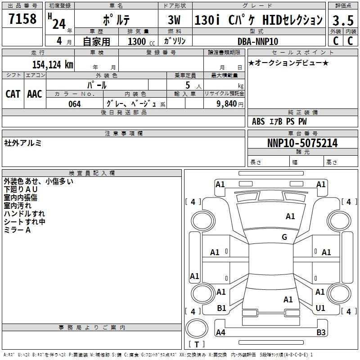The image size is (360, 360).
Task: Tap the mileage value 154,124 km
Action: click(53, 64)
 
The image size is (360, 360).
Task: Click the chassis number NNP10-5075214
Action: click(302, 143)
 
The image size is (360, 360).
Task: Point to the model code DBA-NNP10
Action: click(258, 41)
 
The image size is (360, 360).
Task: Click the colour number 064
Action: click(74, 104)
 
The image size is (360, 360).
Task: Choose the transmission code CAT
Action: click(13, 94)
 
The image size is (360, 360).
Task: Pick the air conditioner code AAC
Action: click(35, 94)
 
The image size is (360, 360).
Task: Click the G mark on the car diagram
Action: click(284, 237)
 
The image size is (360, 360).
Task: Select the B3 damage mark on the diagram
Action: click(321, 333)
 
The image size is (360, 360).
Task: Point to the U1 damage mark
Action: click(320, 308)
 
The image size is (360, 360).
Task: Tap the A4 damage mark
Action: click(220, 333)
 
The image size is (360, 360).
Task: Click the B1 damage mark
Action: click(221, 308)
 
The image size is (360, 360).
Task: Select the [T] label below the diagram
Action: click(197, 345)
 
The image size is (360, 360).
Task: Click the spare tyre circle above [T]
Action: click(197, 328)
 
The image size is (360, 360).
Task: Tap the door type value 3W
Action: click(174, 20)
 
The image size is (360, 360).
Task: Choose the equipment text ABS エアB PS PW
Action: click(279, 121)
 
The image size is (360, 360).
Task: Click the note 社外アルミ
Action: click(23, 143)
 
